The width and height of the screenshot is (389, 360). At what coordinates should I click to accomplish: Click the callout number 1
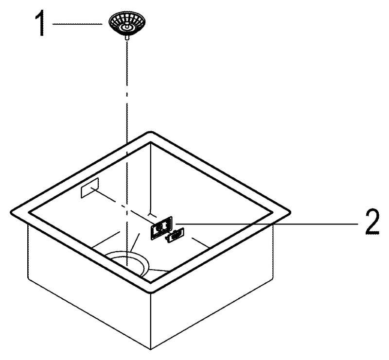40,24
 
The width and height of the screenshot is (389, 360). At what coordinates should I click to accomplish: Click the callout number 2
372,222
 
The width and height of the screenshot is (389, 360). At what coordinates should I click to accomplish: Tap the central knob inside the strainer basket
126,26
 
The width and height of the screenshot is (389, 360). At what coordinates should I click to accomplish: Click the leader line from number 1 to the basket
77,24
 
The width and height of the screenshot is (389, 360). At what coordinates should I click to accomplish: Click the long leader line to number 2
266,223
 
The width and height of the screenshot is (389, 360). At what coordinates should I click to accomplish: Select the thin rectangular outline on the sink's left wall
90,188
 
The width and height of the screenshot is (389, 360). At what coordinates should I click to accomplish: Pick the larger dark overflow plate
161,227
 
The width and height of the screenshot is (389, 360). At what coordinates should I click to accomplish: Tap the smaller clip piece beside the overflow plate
176,235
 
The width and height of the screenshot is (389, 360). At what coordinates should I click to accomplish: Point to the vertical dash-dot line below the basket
127,154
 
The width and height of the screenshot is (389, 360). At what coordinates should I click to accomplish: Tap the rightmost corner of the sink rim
290,212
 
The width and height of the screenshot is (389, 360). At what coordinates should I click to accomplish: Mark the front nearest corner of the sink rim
151,292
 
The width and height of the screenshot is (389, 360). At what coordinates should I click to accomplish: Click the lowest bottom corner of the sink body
151,350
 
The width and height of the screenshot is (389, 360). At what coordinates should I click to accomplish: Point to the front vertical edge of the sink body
151,322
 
